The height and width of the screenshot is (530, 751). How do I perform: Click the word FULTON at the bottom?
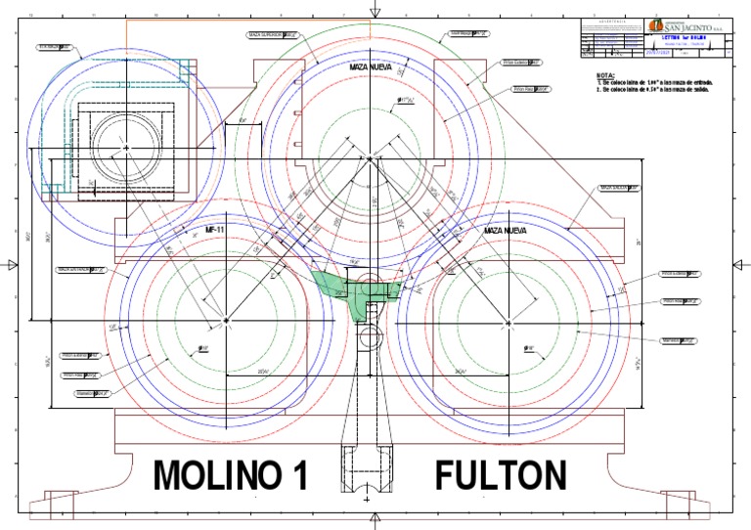pyautogui.click(x=500, y=476)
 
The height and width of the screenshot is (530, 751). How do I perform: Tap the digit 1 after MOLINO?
pyautogui.click(x=299, y=476)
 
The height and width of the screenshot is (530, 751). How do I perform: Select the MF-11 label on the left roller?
pyautogui.click(x=215, y=229)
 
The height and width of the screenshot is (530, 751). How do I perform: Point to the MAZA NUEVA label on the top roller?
pyautogui.click(x=371, y=67)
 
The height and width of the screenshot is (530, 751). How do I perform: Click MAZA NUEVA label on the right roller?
pyautogui.click(x=506, y=230)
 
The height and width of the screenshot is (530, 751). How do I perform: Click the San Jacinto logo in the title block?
pyautogui.click(x=690, y=26)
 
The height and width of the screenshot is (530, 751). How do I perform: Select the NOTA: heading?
pyautogui.click(x=605, y=75)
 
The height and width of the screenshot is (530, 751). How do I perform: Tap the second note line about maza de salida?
pyautogui.click(x=665, y=90)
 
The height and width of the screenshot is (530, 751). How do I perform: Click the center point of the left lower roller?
pyautogui.click(x=225, y=320)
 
